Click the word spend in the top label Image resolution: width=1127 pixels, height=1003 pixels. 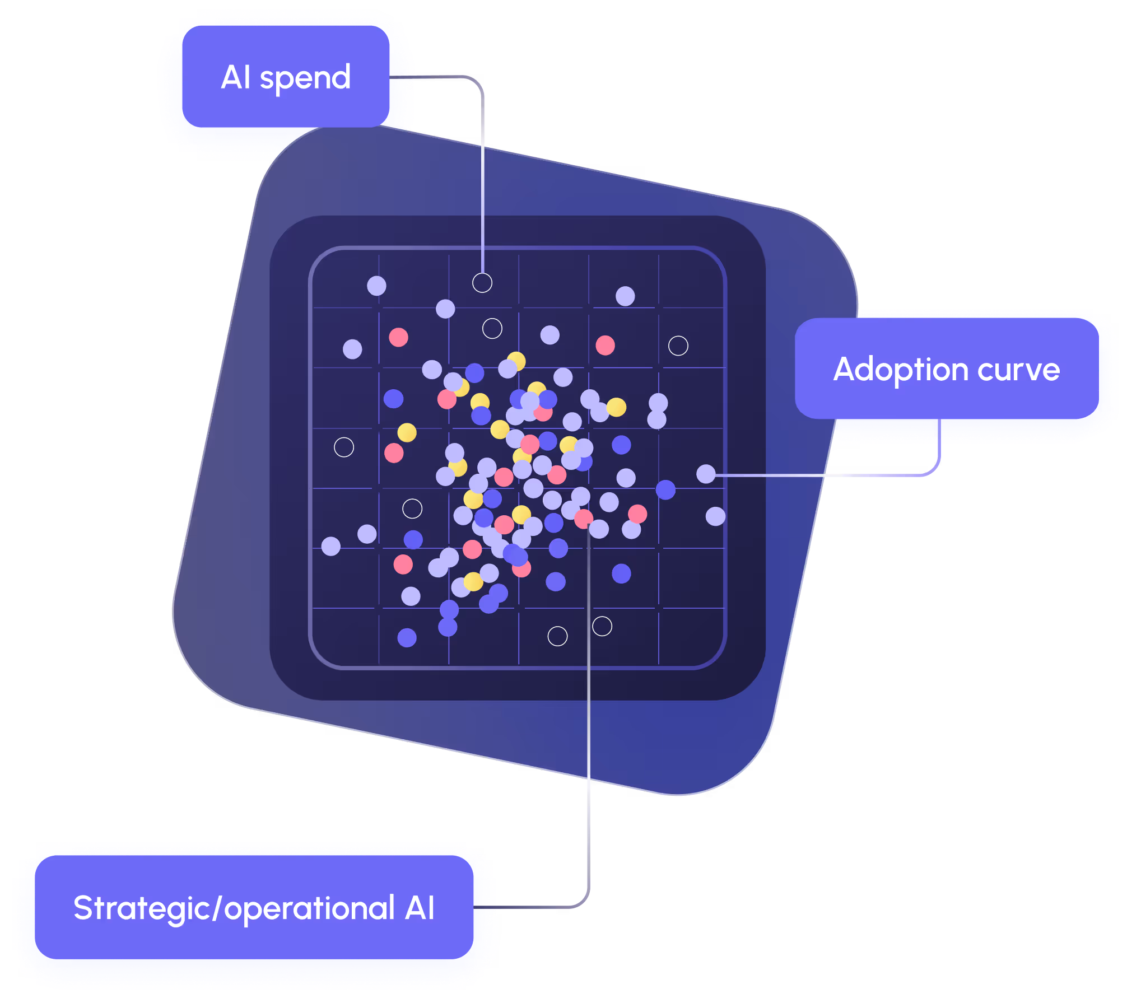pos(305,78)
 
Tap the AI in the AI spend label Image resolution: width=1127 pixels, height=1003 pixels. pos(236,77)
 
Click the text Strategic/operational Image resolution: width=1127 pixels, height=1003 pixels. pos(234,908)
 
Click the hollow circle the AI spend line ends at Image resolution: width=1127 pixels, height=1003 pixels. pos(482,283)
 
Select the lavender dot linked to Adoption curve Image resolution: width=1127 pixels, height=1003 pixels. pos(706,474)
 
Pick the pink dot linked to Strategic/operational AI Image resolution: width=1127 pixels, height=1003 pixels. pos(584,519)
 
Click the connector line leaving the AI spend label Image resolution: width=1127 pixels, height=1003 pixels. pos(482,168)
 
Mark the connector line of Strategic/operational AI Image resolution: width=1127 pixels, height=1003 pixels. pos(589,728)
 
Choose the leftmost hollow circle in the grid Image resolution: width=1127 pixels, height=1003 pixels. pos(344,447)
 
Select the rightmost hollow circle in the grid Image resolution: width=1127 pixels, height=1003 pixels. pos(678,346)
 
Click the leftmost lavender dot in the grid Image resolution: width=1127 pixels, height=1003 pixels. pos(330,546)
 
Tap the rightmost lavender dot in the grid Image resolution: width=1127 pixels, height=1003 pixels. pos(715,516)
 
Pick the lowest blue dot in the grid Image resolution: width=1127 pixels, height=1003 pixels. pos(407,637)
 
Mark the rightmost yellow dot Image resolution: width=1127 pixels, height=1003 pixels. pos(616,407)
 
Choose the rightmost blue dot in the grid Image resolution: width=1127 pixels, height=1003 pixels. pos(665,489)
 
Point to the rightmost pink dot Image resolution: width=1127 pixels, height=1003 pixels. pos(637,514)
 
